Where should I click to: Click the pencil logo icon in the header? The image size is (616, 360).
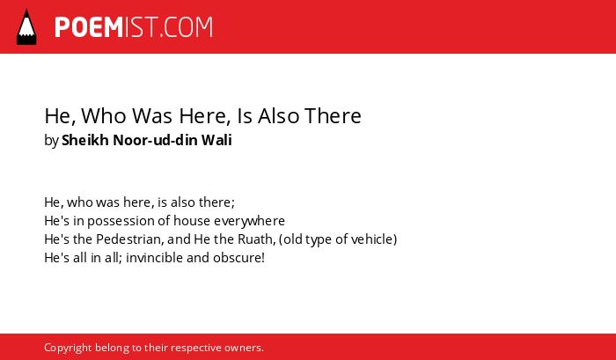point(26,27)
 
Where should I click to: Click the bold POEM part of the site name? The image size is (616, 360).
point(89,27)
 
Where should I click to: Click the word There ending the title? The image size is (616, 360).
point(333,116)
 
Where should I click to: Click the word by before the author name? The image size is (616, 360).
point(51,141)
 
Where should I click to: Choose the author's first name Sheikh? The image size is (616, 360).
point(84,140)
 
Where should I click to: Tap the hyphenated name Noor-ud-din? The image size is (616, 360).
point(155,140)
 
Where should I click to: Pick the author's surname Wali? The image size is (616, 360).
point(216,140)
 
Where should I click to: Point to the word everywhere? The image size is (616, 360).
point(249,221)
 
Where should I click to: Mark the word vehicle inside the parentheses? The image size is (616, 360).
point(374,239)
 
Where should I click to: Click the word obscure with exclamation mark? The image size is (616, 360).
point(238,258)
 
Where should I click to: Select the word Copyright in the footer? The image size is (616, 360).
point(68,349)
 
